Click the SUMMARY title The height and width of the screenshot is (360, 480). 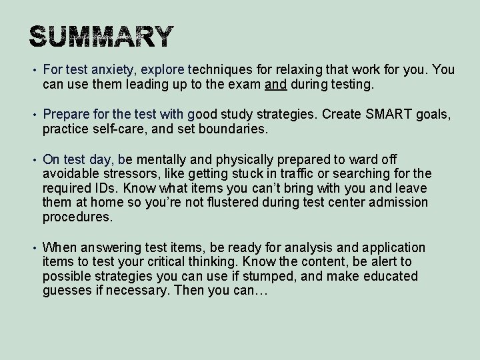click(102, 37)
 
